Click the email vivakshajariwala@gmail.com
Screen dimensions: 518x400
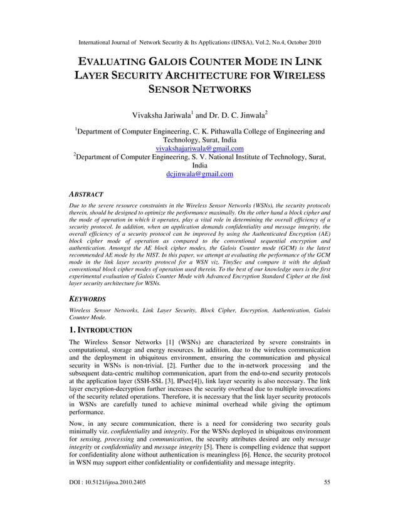199,149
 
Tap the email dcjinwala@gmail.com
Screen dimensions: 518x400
199,174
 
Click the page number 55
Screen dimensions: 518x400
327,499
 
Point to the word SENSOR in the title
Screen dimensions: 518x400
172,90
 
